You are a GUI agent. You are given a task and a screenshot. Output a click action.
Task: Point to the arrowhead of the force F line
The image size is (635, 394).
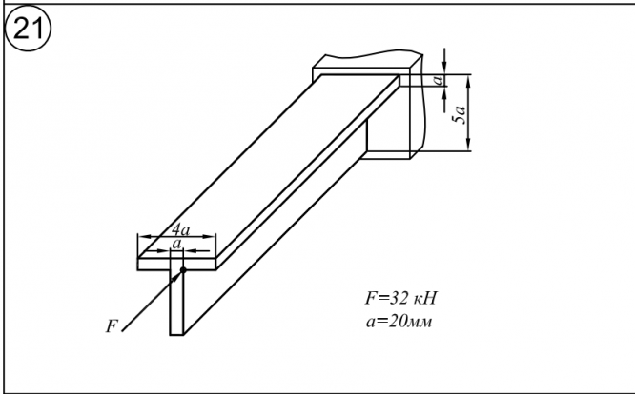tap(177, 276)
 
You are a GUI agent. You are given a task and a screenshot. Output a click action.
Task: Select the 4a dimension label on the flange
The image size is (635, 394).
tap(178, 229)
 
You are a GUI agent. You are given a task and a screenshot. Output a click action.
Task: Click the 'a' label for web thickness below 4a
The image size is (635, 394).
tap(175, 245)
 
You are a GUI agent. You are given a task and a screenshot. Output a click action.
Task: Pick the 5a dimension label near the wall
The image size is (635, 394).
tap(460, 117)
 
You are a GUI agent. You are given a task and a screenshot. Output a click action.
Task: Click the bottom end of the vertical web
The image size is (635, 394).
tap(176, 334)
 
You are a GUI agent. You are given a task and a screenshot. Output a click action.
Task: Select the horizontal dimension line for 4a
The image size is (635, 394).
tap(178, 237)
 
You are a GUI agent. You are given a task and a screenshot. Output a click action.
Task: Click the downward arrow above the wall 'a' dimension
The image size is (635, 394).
tap(444, 66)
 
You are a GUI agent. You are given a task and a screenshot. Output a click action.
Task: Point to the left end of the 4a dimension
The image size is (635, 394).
tap(139, 237)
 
